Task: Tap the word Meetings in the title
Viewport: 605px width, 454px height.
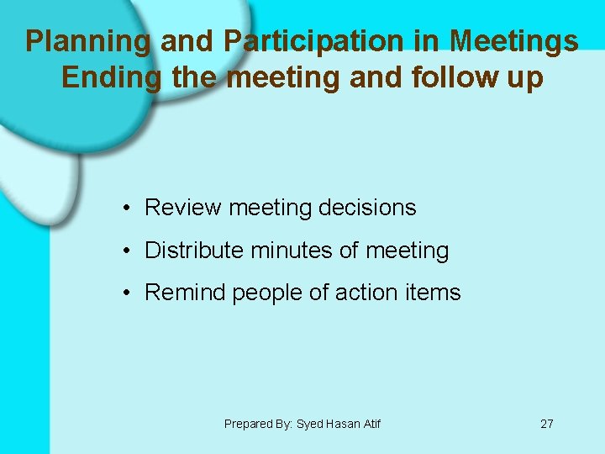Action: click(513, 41)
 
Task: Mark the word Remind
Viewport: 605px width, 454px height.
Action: click(186, 293)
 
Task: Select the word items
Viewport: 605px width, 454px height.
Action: click(432, 293)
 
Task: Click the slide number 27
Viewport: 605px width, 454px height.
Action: click(546, 424)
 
